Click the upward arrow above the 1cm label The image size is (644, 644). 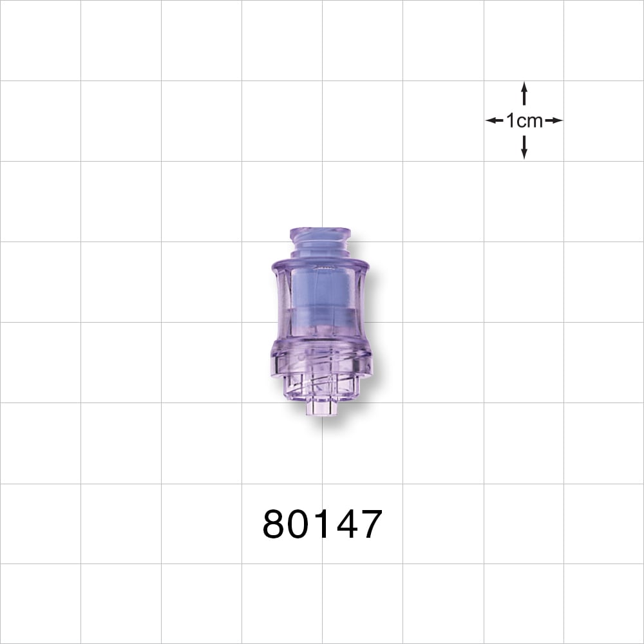pyautogui.click(x=524, y=94)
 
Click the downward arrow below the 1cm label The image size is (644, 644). pyautogui.click(x=524, y=147)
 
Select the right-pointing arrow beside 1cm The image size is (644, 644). pyautogui.click(x=554, y=120)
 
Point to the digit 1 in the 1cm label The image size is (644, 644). pyautogui.click(x=511, y=120)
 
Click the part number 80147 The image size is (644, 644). pyautogui.click(x=322, y=524)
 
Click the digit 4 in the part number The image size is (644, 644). pyautogui.click(x=344, y=524)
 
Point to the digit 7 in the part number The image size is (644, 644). pyautogui.click(x=369, y=524)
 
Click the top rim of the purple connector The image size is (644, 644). pyautogui.click(x=320, y=232)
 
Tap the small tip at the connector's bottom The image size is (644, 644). pyautogui.click(x=322, y=407)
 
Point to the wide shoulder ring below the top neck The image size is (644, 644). pyautogui.click(x=320, y=263)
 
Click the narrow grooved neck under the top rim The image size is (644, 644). pyautogui.click(x=320, y=247)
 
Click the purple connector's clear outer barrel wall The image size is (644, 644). pyautogui.click(x=281, y=303)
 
